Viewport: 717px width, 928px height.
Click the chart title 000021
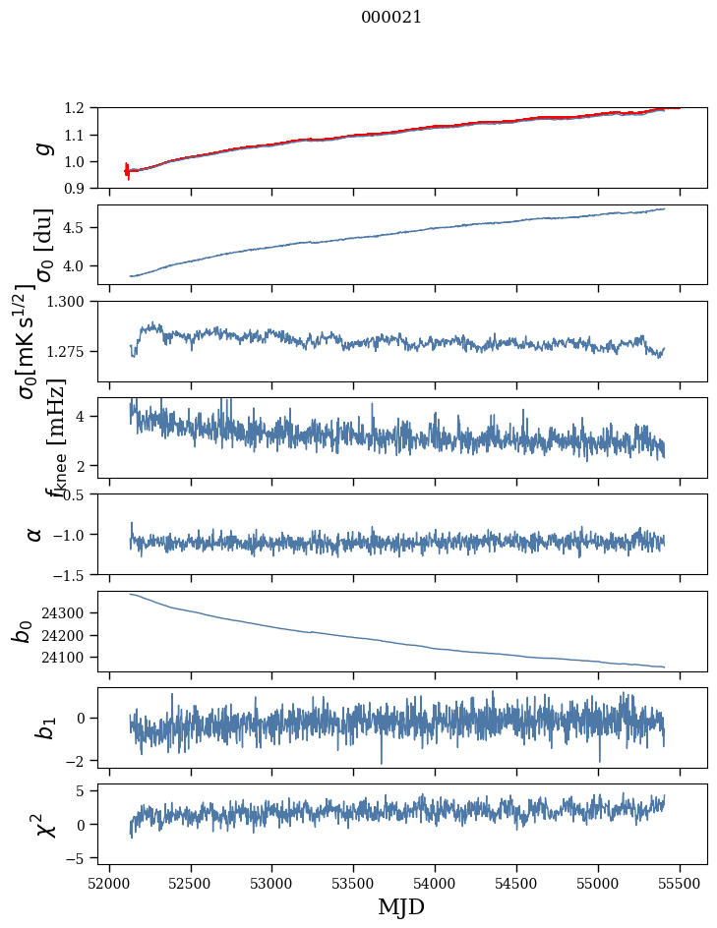point(391,17)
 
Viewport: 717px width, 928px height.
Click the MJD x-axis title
point(401,906)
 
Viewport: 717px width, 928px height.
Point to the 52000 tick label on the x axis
point(109,882)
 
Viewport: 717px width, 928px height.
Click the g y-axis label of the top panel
point(41,147)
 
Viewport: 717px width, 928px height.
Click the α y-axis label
point(34,534)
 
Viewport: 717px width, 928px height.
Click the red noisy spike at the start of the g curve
point(127,171)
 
